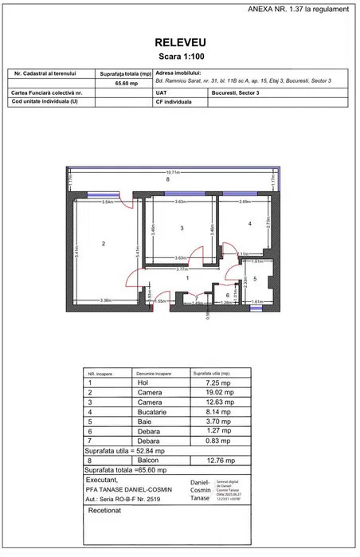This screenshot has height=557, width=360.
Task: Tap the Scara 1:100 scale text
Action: click(x=179, y=59)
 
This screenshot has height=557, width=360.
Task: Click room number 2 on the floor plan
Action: click(x=104, y=243)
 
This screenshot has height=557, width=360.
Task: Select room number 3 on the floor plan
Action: click(x=182, y=229)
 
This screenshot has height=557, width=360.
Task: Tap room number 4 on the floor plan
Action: click(x=249, y=224)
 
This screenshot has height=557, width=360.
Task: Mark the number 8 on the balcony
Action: click(x=167, y=180)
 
